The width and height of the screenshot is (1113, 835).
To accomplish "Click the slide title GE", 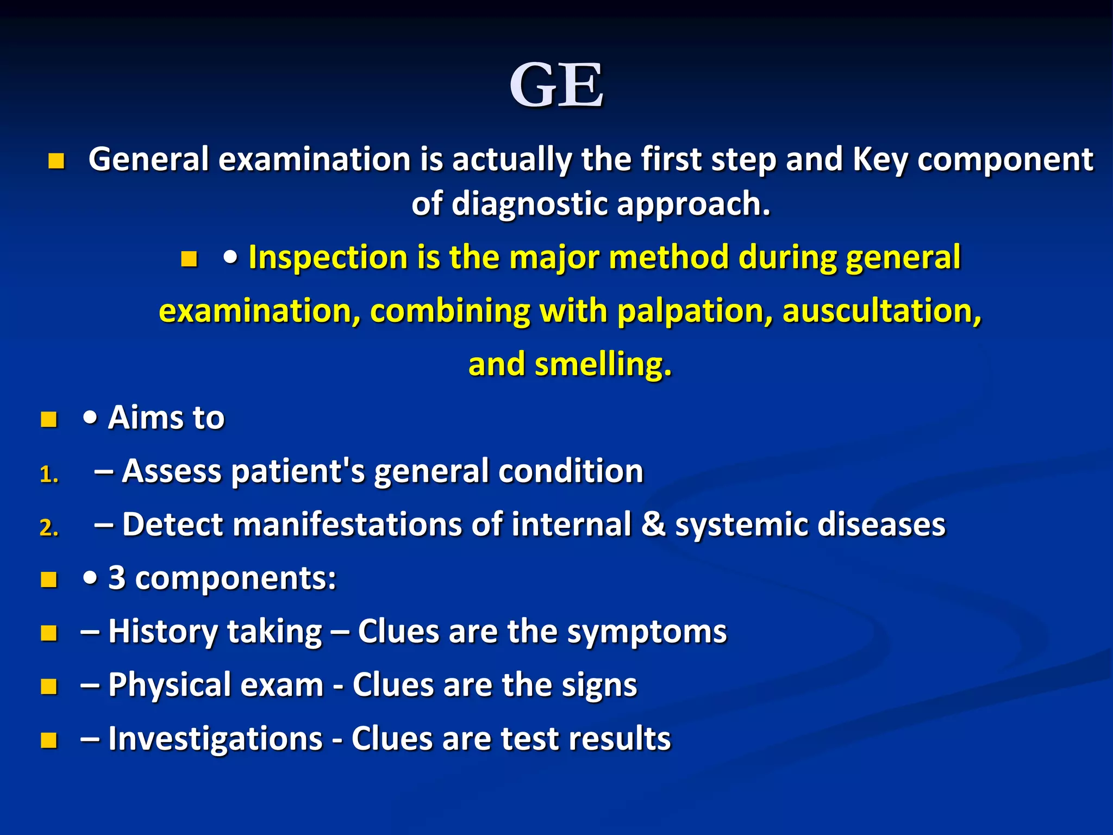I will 556,86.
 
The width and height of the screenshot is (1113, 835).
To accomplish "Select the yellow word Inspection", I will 328,257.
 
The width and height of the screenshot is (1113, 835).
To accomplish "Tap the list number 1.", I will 49,475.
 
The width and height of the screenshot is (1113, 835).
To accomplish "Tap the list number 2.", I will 49,528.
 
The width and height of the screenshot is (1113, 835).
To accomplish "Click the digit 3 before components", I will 117,577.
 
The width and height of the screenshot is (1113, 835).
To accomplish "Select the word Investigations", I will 216,739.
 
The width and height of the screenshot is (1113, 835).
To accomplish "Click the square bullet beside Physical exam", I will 49,687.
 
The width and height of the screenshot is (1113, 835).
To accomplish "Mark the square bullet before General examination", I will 57,161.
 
